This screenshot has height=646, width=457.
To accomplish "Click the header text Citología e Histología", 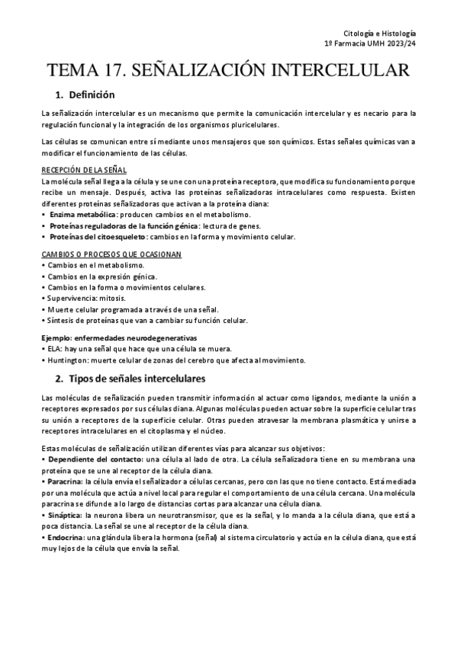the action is (379, 34).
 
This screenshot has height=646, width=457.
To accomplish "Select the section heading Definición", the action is (91, 95).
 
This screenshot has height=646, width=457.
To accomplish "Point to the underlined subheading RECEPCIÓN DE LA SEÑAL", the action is (84, 170).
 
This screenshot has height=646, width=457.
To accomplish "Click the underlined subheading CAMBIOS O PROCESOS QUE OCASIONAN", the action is (111, 254).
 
